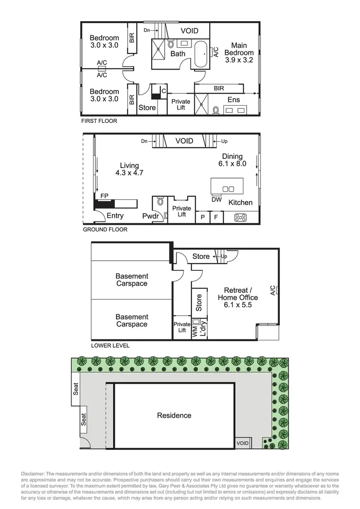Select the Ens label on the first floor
(x=233, y=100)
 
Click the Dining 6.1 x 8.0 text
(x=232, y=160)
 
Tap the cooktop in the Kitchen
(x=240, y=218)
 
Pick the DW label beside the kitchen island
(x=216, y=199)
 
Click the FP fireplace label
(x=104, y=196)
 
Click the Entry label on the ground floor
(x=115, y=216)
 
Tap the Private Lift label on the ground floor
(x=181, y=211)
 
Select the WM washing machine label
(x=195, y=330)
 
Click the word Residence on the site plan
(x=174, y=415)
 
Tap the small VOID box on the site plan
(x=243, y=443)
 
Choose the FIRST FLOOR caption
(x=99, y=121)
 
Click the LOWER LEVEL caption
(x=110, y=345)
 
